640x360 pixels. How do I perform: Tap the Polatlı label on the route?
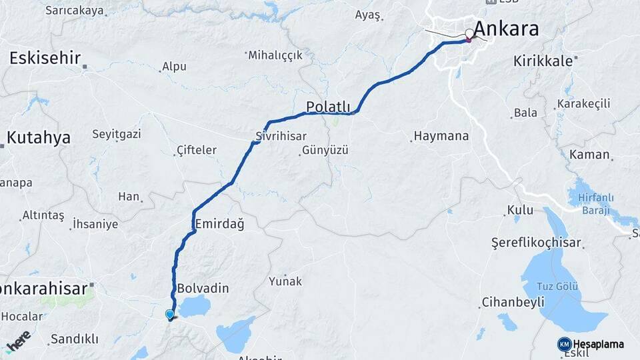click(x=328, y=107)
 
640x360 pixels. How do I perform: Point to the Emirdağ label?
click(x=219, y=224)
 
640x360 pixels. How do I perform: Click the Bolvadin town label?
click(x=203, y=289)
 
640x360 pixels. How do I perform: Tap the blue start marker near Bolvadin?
click(x=170, y=314)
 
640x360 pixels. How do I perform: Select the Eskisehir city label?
click(x=45, y=58)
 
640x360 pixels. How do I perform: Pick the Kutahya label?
click(x=39, y=138)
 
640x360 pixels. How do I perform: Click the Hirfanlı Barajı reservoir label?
click(x=595, y=205)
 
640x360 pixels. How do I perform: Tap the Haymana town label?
click(x=441, y=136)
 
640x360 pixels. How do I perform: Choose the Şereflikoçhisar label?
click(x=536, y=243)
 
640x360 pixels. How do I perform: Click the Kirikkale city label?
click(x=543, y=61)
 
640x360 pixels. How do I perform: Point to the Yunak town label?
click(x=285, y=281)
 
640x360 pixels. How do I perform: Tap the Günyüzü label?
click(x=325, y=151)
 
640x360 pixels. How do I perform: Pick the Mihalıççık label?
click(x=275, y=55)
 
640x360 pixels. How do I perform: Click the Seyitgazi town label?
click(x=116, y=134)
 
